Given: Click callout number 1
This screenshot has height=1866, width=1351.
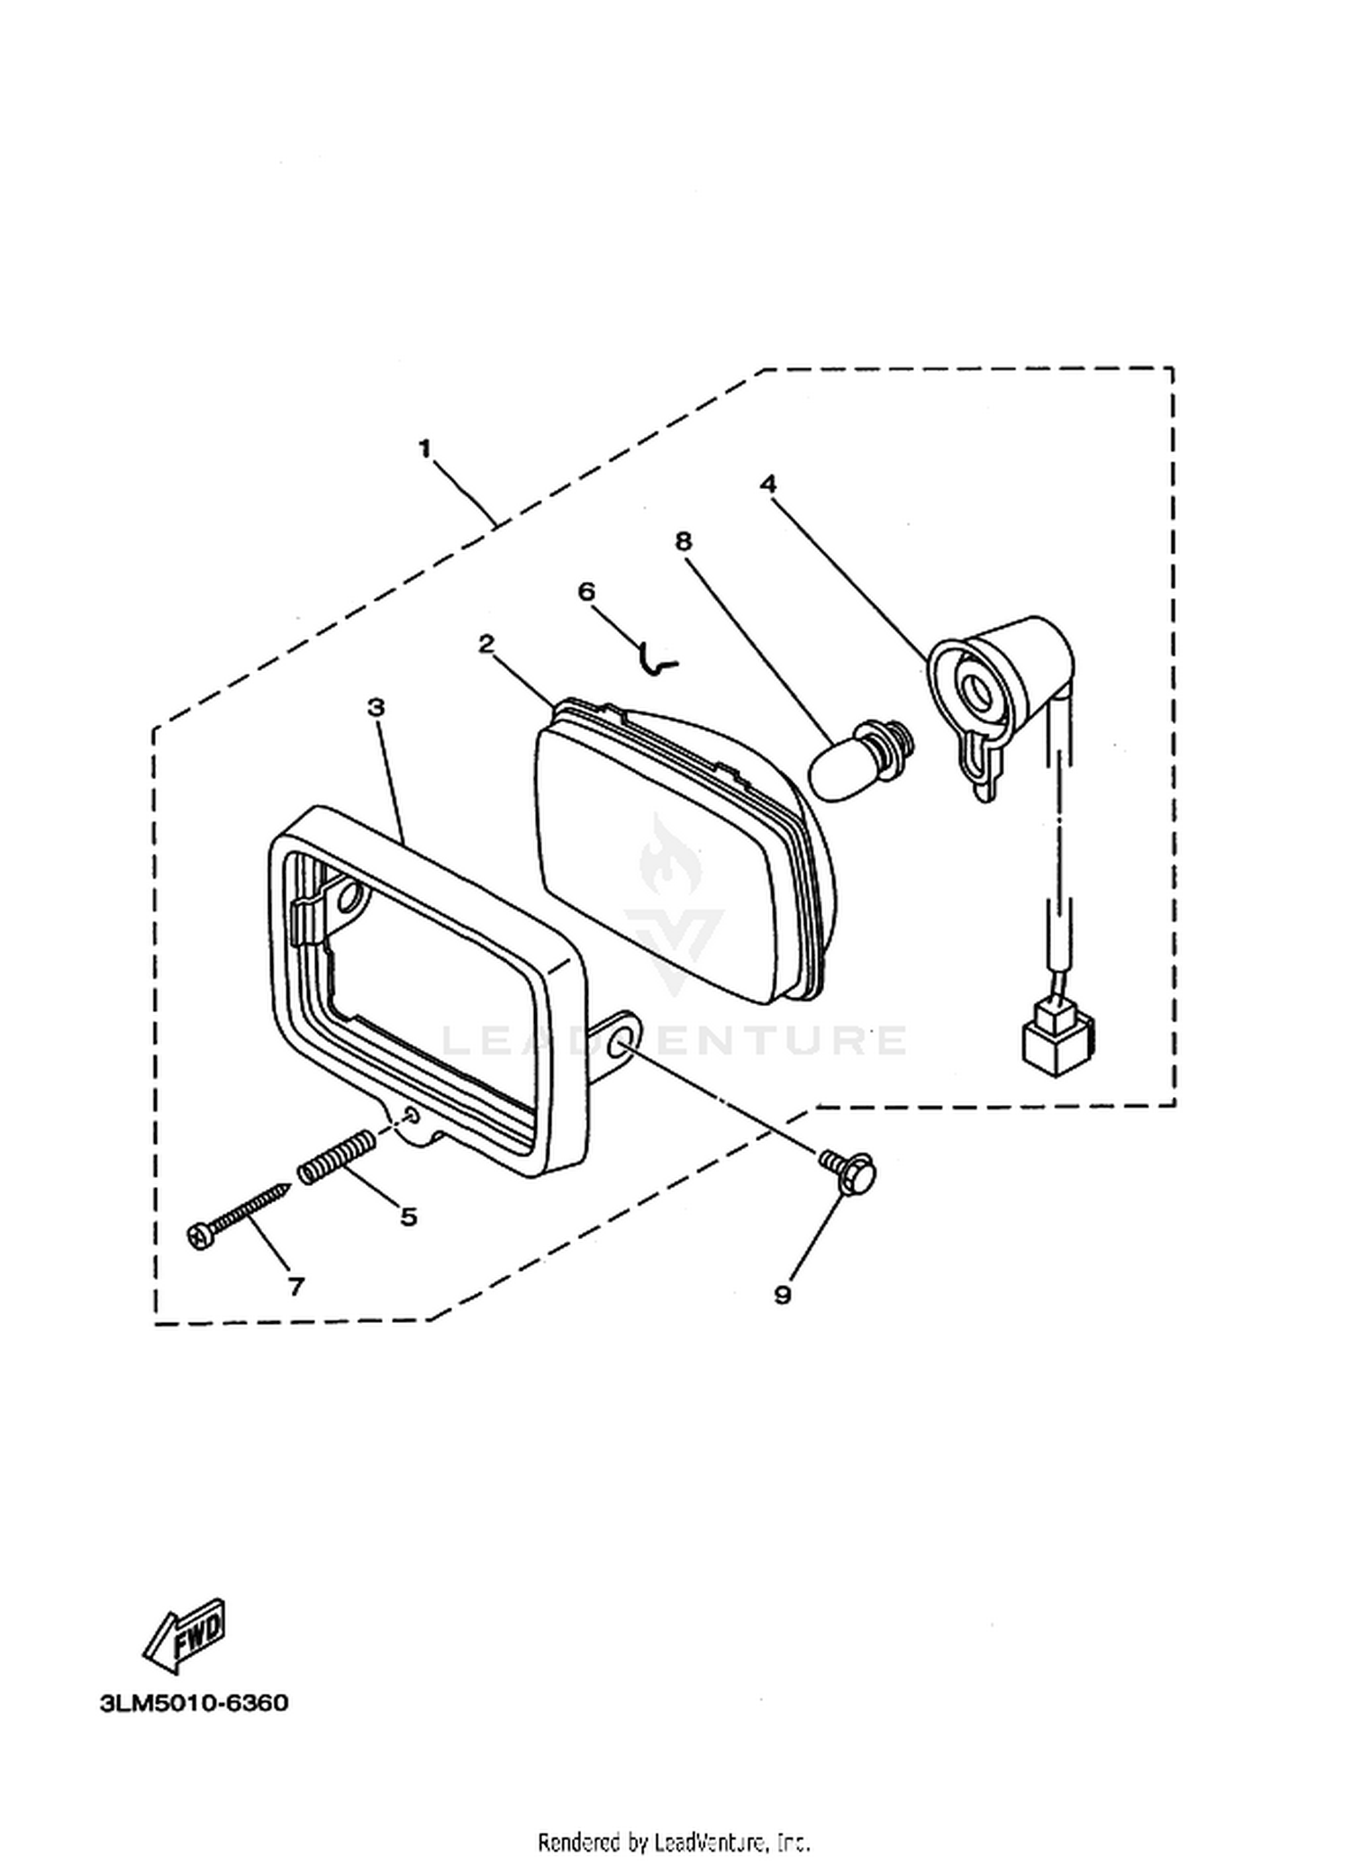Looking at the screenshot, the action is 425,448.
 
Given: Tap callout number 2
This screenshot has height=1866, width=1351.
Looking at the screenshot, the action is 486,644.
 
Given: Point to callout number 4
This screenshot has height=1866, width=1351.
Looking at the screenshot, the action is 767,484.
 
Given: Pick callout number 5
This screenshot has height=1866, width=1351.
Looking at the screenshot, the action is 409,1217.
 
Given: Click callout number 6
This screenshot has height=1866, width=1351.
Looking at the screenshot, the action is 586,591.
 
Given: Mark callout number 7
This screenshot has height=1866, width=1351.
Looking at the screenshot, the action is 296,1287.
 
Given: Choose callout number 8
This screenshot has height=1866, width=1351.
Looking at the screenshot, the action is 684,540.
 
